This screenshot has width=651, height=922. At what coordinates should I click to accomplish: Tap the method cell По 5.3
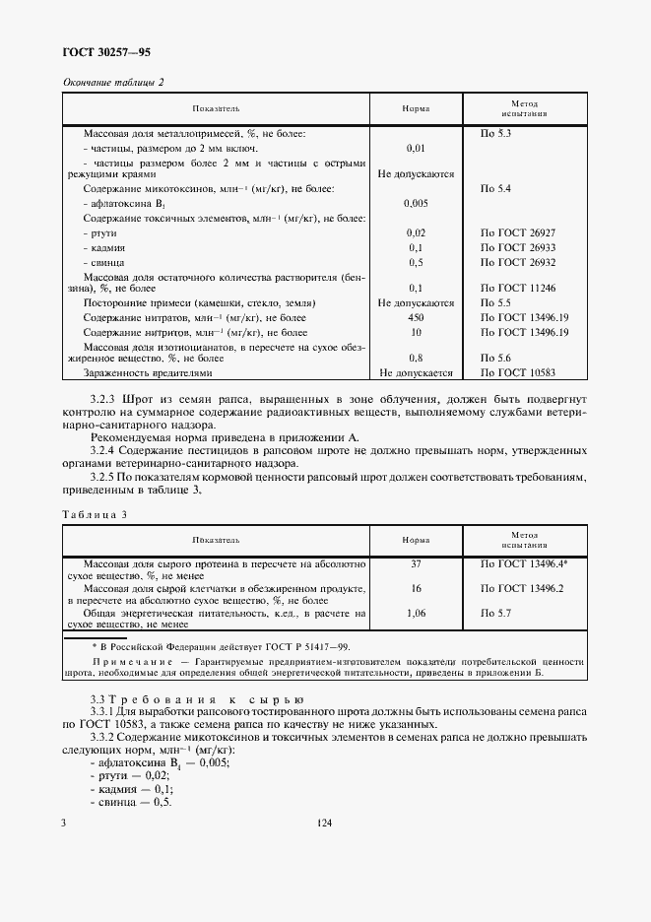[x=494, y=131]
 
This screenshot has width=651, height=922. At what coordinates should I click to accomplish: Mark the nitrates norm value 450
[x=415, y=318]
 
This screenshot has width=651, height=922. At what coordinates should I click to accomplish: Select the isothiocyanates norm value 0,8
[x=415, y=359]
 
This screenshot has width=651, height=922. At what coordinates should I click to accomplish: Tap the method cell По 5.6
[x=494, y=359]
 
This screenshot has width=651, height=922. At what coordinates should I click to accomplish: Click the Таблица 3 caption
[x=96, y=514]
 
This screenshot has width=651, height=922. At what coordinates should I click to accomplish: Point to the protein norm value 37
[x=415, y=563]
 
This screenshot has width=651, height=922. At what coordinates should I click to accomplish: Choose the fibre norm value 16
[x=415, y=587]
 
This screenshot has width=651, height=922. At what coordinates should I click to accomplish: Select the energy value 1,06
[x=415, y=612]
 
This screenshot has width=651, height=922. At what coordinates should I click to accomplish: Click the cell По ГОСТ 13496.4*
[x=522, y=563]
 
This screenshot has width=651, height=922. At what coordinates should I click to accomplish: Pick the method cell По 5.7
[x=494, y=612]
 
